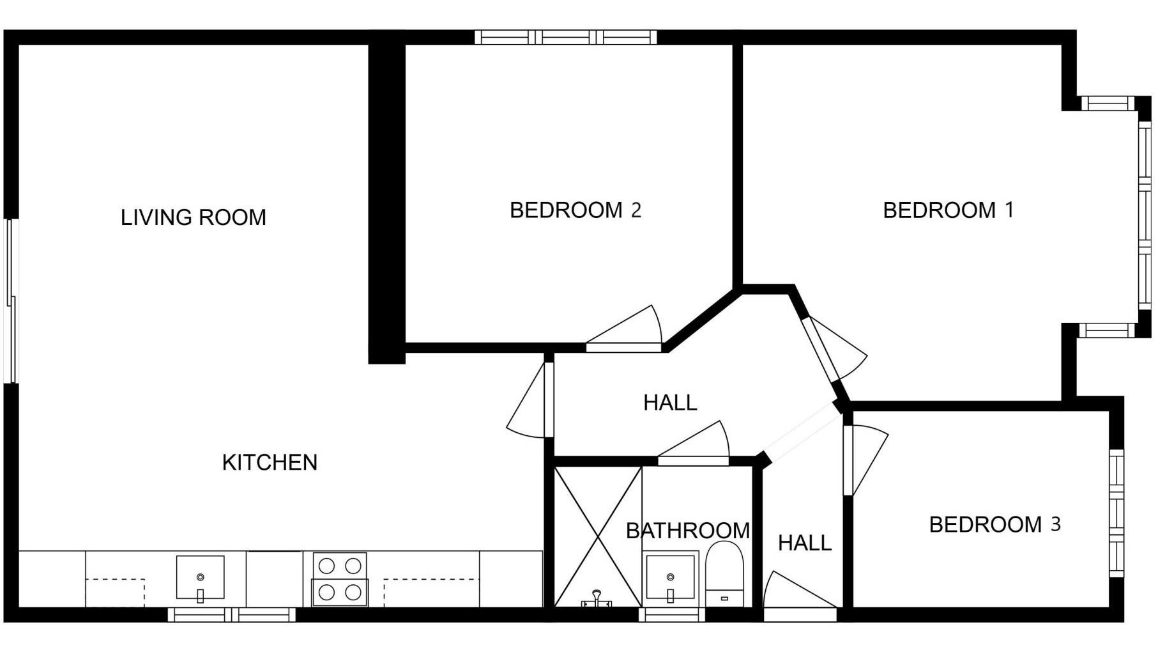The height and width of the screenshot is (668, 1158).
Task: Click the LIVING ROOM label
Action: coord(194,217)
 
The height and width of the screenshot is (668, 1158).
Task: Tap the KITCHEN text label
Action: coord(270,462)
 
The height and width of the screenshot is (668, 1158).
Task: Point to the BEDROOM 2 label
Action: coord(575,210)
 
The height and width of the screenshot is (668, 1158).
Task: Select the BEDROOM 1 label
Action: coord(948,210)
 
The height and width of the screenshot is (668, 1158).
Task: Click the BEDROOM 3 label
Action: coord(994,524)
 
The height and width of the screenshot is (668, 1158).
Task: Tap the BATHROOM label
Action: coord(688,531)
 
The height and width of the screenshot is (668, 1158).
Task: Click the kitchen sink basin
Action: coord(201,577)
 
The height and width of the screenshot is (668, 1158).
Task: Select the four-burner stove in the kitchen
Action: coord(340,579)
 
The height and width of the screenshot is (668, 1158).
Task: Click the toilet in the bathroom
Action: coord(725,574)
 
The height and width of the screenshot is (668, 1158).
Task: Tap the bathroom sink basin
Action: coord(670,577)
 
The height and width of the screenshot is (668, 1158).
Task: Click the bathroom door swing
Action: coord(694,443)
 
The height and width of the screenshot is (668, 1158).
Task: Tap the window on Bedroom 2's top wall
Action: coord(566,37)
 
